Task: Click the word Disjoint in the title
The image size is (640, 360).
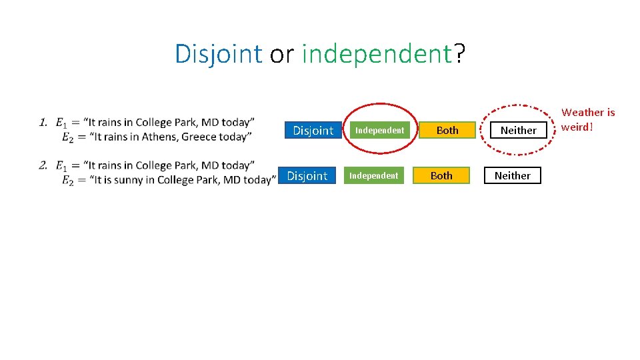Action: (218, 54)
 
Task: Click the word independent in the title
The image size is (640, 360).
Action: (377, 54)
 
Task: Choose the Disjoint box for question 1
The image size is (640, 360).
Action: (313, 130)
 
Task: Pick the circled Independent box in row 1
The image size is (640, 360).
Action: (379, 130)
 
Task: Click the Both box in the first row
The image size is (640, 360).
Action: (447, 130)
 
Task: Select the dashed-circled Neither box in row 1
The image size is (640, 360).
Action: (518, 130)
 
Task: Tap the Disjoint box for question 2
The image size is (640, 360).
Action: (307, 175)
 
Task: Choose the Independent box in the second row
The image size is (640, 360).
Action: (374, 175)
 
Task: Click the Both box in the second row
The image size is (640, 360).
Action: (441, 175)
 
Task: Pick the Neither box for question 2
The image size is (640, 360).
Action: (512, 175)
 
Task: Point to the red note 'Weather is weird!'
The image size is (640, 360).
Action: (588, 119)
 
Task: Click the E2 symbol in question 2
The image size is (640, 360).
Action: (67, 181)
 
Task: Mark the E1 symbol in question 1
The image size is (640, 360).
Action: (61, 123)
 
